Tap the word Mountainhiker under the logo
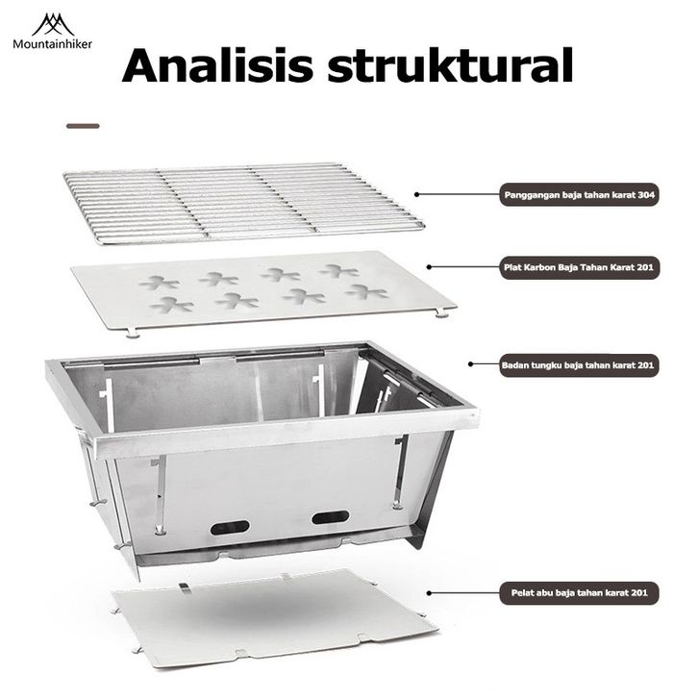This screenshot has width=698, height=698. pos(53,43)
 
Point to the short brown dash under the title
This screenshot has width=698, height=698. pos(83,125)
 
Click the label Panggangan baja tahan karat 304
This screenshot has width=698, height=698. pos(581,195)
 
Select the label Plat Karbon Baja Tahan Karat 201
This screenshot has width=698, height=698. pos(581,269)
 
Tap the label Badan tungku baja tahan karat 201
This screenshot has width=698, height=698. pos(579,365)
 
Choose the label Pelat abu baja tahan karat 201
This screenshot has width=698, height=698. pos(580,594)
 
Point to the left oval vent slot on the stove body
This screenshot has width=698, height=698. pos(230,527)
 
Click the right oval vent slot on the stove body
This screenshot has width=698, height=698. pos(330,517)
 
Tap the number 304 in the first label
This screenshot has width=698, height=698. pos(646,195)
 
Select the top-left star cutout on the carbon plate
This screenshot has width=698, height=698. pos(159,283)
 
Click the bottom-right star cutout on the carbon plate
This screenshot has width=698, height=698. pos(365,291)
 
